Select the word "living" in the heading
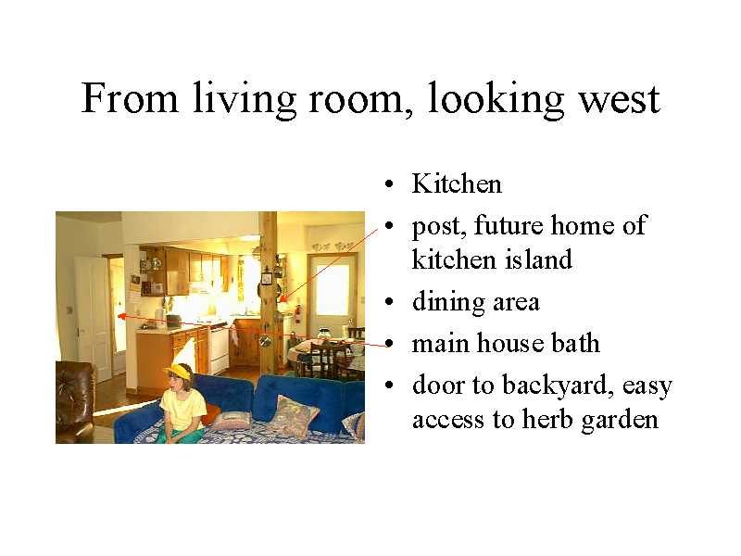(x=245, y=99)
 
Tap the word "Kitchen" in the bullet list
(x=457, y=183)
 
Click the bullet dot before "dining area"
(x=389, y=302)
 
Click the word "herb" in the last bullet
(x=547, y=419)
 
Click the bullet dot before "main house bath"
(x=389, y=344)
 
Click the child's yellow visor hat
(x=179, y=371)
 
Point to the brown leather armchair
(x=75, y=401)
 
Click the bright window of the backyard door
(x=333, y=289)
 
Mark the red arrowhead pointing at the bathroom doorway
(x=121, y=316)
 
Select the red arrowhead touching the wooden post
(x=283, y=298)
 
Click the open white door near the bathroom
(x=94, y=317)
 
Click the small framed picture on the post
(x=267, y=279)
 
